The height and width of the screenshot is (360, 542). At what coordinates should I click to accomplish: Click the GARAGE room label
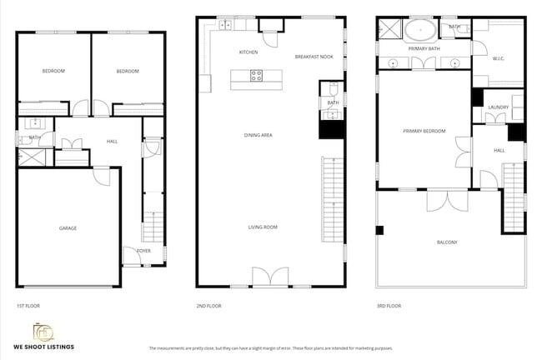tap(68, 227)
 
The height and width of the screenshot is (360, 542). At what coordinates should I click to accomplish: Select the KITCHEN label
tap(248, 52)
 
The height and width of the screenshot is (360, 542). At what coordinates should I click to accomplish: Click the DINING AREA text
tap(258, 135)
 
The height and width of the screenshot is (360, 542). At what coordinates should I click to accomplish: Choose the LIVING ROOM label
tap(263, 227)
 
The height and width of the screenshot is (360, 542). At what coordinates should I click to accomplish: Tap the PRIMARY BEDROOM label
tap(424, 131)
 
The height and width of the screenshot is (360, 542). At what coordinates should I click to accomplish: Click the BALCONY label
tap(447, 242)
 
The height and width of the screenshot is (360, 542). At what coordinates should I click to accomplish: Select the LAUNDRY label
tap(499, 107)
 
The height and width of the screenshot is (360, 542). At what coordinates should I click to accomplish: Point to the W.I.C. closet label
tap(499, 58)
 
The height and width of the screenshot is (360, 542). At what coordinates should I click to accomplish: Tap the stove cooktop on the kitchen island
tap(257, 76)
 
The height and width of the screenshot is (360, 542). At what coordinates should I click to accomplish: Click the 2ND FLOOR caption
tap(208, 307)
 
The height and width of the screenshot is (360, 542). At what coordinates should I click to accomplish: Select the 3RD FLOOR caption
tap(389, 307)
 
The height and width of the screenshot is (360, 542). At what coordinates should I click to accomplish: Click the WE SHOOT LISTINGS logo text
tap(43, 346)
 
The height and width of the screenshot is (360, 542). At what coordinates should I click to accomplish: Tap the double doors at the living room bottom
tap(271, 277)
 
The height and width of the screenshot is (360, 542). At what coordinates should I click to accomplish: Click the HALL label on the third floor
tap(499, 150)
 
